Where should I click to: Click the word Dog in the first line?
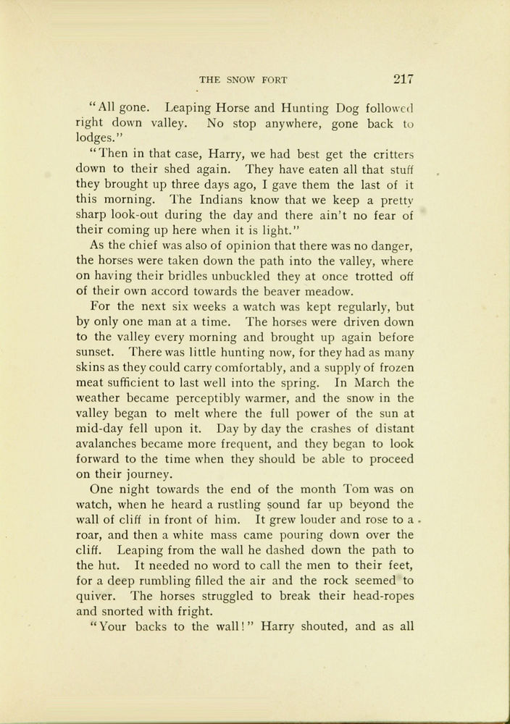tap(352, 109)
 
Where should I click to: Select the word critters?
tap(388, 155)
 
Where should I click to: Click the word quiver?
tap(97, 596)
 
